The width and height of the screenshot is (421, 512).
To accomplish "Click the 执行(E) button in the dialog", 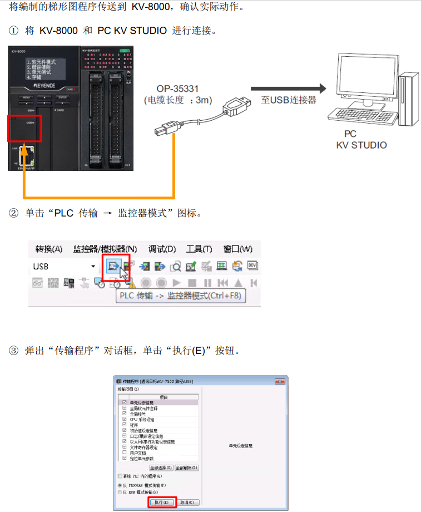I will point(162,502).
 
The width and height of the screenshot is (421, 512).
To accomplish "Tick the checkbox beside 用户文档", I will point(124,453).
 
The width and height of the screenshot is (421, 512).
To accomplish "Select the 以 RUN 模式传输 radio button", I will point(120,492).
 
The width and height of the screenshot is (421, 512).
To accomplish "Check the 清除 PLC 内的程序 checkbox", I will point(120,476).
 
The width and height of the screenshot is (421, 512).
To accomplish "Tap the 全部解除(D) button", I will point(187,467).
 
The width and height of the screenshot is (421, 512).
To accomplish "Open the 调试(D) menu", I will point(162,249).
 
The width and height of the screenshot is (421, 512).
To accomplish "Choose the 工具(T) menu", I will point(199,249).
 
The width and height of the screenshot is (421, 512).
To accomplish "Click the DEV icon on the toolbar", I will point(253,266).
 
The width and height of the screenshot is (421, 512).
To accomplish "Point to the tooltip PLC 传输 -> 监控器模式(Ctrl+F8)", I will point(180,296).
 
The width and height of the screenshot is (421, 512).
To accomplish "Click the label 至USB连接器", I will point(289,100).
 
